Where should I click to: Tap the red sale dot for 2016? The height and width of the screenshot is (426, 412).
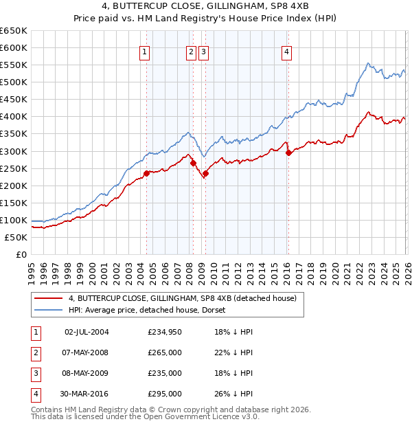(288, 153)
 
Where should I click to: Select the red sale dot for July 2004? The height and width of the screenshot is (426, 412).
(146, 173)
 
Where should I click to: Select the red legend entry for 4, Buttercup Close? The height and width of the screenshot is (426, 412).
(182, 298)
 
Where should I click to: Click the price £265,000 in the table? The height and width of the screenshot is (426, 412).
(165, 352)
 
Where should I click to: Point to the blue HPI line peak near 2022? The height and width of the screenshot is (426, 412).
(369, 64)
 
